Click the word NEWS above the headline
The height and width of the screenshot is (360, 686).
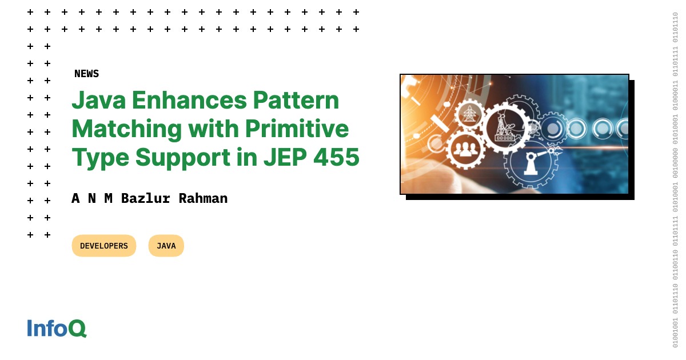pos(86,74)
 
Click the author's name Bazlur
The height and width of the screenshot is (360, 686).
pos(145,198)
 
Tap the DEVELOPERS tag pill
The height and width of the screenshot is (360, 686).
pos(104,246)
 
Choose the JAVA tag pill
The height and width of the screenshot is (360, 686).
pos(166,246)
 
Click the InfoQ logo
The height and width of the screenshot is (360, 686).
pos(57,328)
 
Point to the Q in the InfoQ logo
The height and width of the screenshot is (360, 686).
pos(78,329)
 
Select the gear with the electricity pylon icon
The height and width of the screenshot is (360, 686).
pos(470,113)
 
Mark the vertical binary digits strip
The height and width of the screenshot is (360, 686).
pos(675,180)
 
